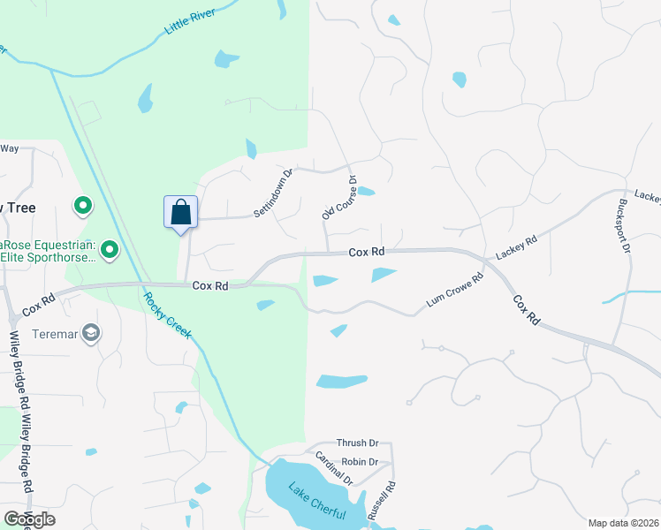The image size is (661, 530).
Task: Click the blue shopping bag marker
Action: point(180,213)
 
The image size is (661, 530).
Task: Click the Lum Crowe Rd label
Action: point(455,290)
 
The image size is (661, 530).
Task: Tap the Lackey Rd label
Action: point(516,247)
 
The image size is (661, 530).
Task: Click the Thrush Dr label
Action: point(357,443)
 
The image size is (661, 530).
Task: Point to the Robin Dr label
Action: point(360,462)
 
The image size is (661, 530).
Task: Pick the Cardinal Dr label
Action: point(334,469)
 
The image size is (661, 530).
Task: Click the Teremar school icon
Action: point(91,333)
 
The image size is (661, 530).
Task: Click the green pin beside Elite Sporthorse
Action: point(110,251)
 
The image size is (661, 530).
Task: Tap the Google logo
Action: point(29,519)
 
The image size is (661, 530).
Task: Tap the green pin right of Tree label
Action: point(83,207)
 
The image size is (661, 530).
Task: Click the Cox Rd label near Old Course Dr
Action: point(366,252)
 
